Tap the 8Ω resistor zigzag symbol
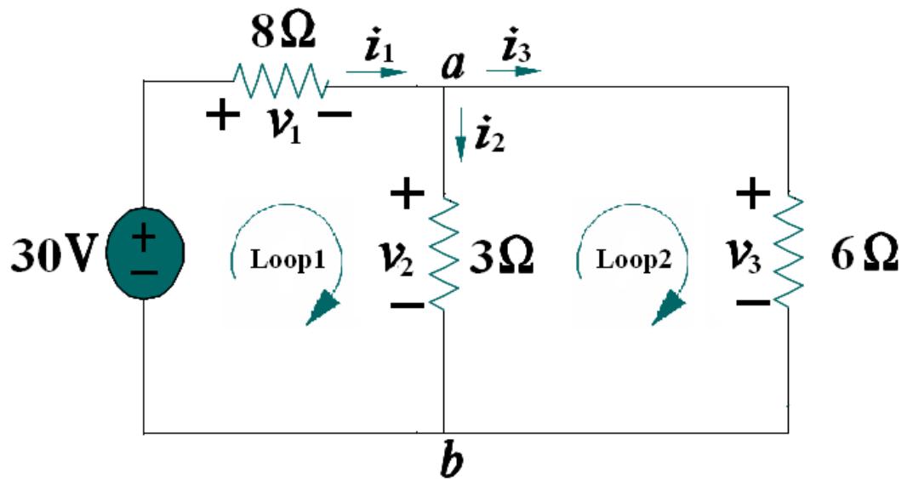click(282, 82)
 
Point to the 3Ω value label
click(501, 256)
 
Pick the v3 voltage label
click(745, 256)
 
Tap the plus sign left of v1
click(222, 116)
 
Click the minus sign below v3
click(749, 302)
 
